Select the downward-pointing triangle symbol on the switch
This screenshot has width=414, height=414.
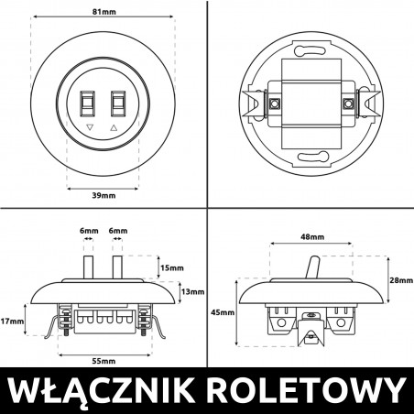90,129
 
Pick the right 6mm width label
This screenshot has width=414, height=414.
118,231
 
